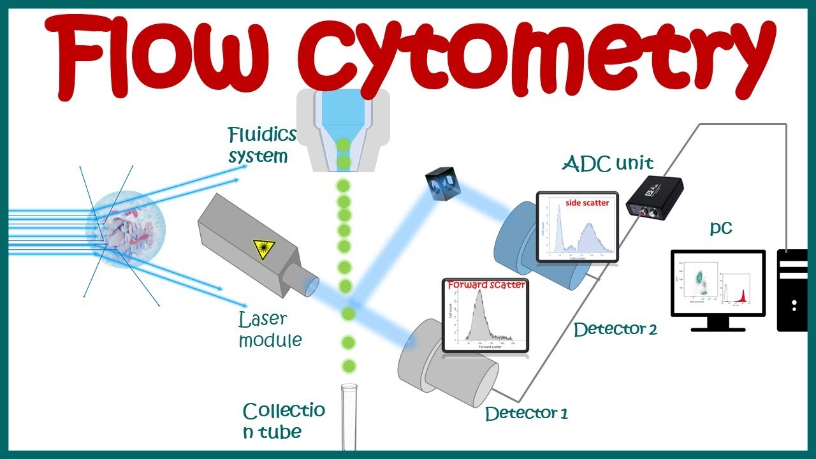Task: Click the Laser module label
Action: (x=269, y=329)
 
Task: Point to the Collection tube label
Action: (x=283, y=421)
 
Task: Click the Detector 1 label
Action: (x=526, y=413)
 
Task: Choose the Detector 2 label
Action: (x=615, y=330)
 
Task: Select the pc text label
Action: (x=721, y=228)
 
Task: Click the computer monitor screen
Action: (x=717, y=282)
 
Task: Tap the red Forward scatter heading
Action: (x=486, y=285)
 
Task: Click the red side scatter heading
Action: (x=587, y=203)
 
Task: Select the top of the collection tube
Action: (x=348, y=387)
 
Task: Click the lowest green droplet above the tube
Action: (x=348, y=366)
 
